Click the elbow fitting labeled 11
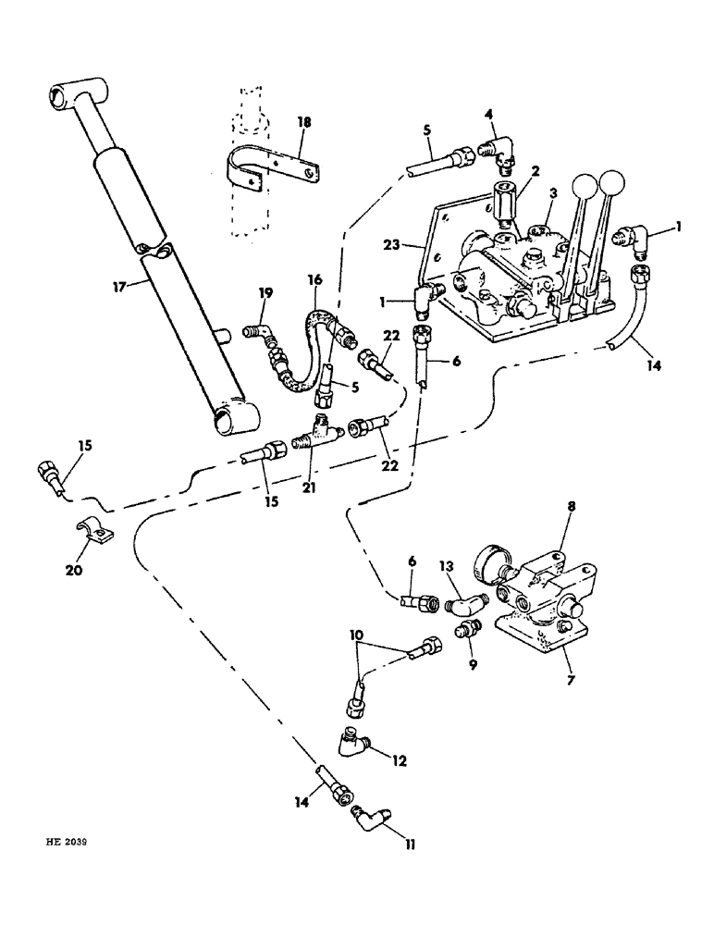371,818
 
